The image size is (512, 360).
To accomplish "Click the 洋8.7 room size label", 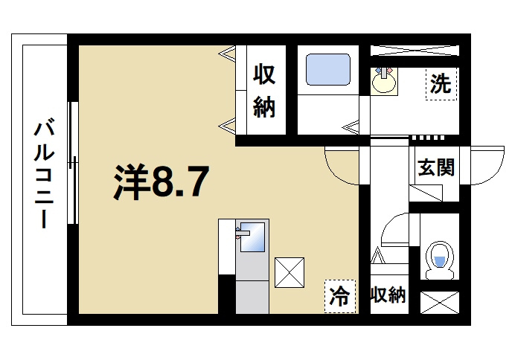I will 159,181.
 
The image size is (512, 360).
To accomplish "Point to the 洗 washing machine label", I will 440,84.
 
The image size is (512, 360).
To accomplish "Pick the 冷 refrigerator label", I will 339,296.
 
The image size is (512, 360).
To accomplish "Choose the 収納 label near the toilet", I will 388,295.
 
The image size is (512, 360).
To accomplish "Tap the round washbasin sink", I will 384,81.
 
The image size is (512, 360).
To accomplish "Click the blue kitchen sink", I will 253,239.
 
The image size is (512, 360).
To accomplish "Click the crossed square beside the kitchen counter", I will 289,271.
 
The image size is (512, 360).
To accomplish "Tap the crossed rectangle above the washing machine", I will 415,51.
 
